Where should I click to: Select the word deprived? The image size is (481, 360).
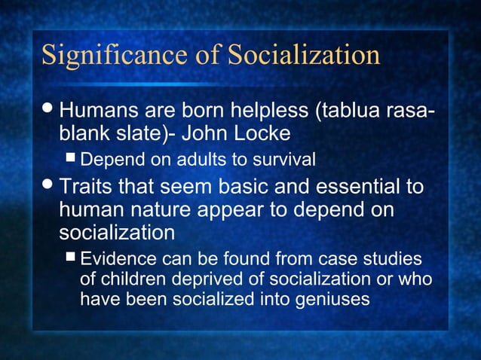(x=198, y=279)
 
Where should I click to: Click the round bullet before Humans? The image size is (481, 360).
(x=47, y=112)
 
